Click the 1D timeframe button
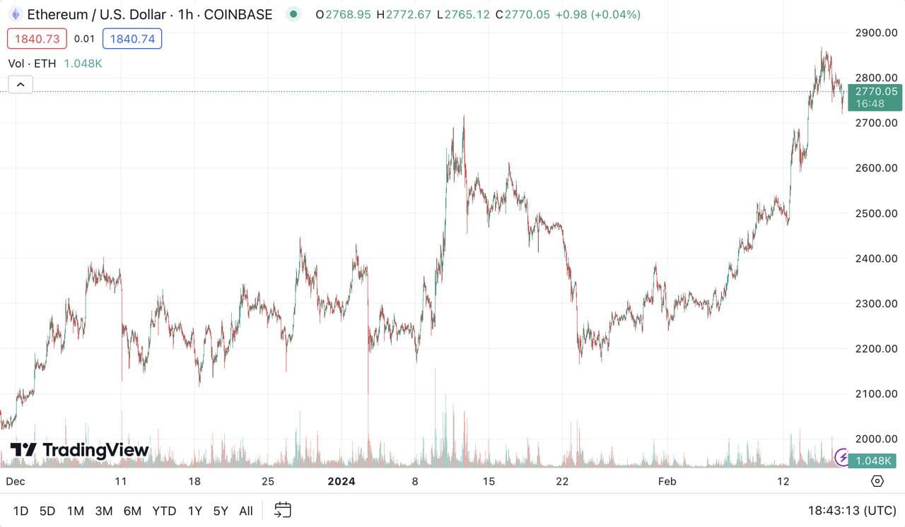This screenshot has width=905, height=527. (x=21, y=511)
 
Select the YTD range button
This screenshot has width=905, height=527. (x=164, y=511)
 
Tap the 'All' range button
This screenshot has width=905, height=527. (x=246, y=511)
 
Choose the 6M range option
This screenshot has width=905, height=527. (x=132, y=511)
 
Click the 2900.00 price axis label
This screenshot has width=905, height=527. (x=875, y=32)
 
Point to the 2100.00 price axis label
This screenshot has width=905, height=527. (x=875, y=393)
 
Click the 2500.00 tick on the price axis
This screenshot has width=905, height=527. (x=875, y=213)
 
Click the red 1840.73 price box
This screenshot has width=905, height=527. (x=37, y=39)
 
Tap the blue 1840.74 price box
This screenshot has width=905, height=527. (x=132, y=39)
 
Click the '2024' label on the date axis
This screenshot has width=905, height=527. (x=341, y=482)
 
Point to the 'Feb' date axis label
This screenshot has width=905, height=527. (x=667, y=482)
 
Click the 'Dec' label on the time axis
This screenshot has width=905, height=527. (x=15, y=482)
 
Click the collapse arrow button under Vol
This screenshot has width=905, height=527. (x=21, y=85)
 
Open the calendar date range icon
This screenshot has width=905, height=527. (x=283, y=510)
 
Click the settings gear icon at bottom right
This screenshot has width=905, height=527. (x=877, y=481)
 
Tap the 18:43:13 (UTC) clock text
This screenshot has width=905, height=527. (x=851, y=510)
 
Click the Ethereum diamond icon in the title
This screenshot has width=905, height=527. (x=15, y=14)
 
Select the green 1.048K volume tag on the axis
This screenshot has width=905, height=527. (x=875, y=461)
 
